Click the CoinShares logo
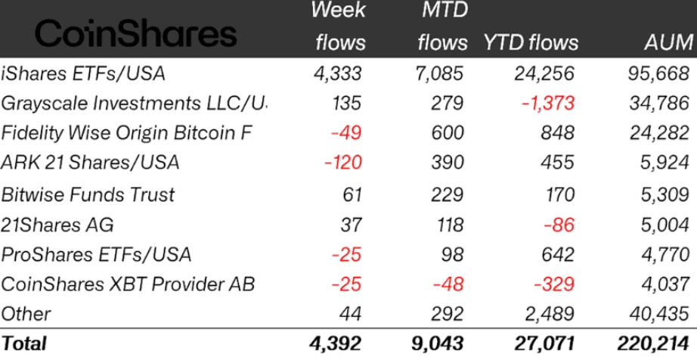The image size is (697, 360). click(x=136, y=33)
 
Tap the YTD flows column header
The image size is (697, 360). click(x=531, y=42)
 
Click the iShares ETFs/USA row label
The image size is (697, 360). click(x=83, y=73)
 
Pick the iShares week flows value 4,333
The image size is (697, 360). click(x=337, y=73)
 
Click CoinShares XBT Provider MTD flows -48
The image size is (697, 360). click(x=445, y=284)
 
